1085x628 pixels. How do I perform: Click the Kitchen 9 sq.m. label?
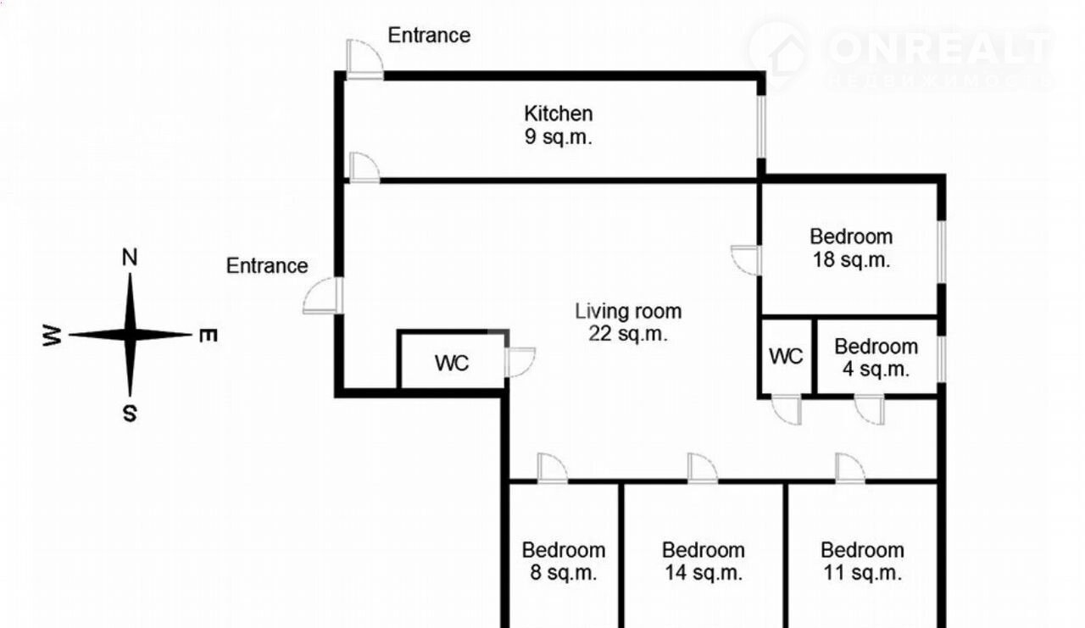point(559,125)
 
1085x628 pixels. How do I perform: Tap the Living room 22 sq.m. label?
point(628,322)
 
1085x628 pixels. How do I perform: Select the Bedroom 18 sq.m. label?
point(852,248)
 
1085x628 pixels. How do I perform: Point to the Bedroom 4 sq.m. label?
point(876,358)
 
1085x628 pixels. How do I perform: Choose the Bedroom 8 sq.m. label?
point(564,561)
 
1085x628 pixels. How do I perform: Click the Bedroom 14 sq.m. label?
point(704,561)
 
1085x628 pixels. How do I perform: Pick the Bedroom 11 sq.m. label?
point(863,561)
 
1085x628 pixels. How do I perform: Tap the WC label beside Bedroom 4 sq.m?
point(786,357)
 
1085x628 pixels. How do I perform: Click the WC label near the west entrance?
point(452,363)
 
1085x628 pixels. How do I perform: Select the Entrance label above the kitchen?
point(429,36)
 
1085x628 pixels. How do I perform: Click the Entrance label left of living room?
point(267,266)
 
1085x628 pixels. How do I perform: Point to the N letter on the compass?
point(130,257)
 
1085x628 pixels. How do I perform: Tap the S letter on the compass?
point(130,414)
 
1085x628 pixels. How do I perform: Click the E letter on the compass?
point(209,336)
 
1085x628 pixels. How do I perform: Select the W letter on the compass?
point(52,336)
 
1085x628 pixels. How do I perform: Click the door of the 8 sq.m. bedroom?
point(552,468)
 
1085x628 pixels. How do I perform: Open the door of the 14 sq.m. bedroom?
point(703,468)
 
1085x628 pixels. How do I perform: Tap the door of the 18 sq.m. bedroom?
point(746,260)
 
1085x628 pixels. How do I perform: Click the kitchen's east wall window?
point(761,127)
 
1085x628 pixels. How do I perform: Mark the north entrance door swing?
point(365,59)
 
